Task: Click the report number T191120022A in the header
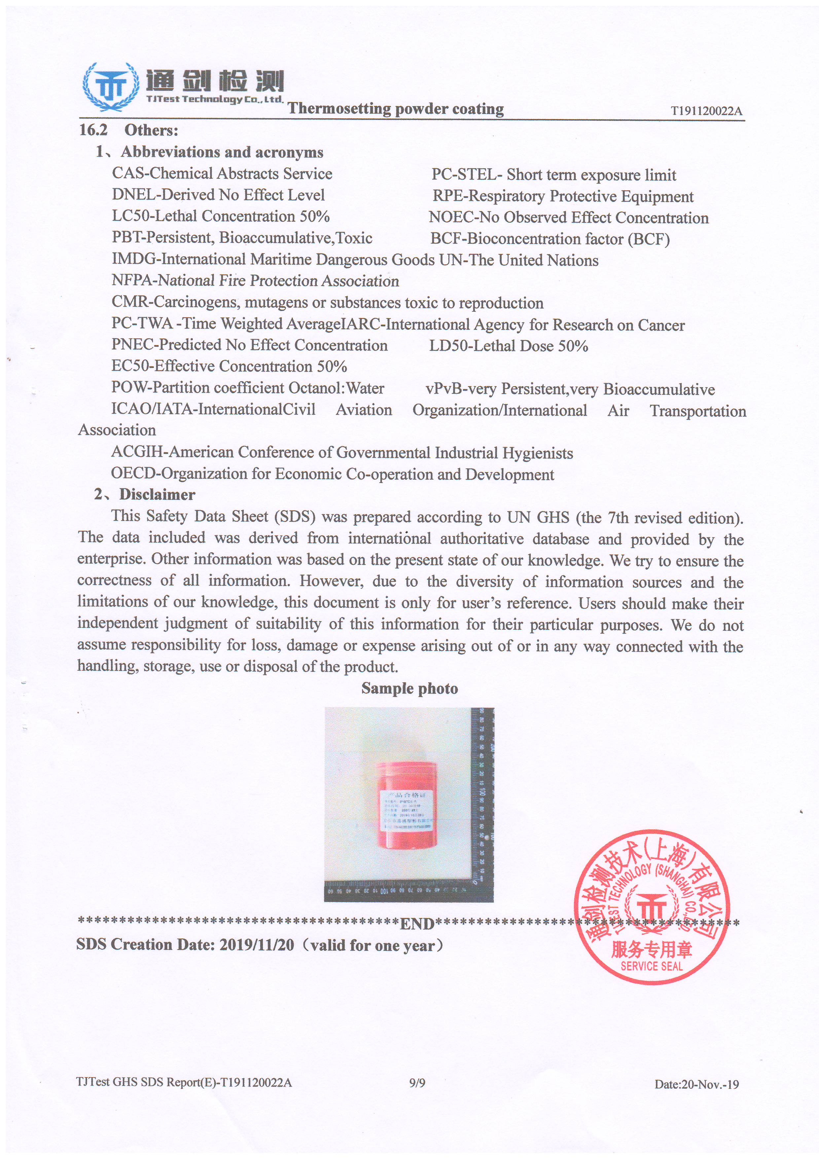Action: click(706, 111)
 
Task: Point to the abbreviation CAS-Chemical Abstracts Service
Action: click(222, 174)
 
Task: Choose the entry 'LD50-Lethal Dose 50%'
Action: click(509, 346)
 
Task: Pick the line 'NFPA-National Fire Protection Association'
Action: click(255, 281)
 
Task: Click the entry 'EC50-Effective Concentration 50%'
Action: click(229, 366)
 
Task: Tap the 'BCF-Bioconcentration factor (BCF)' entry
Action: click(550, 239)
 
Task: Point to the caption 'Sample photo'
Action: click(409, 689)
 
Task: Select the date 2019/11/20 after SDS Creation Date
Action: click(256, 945)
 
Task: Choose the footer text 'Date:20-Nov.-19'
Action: click(696, 1084)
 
